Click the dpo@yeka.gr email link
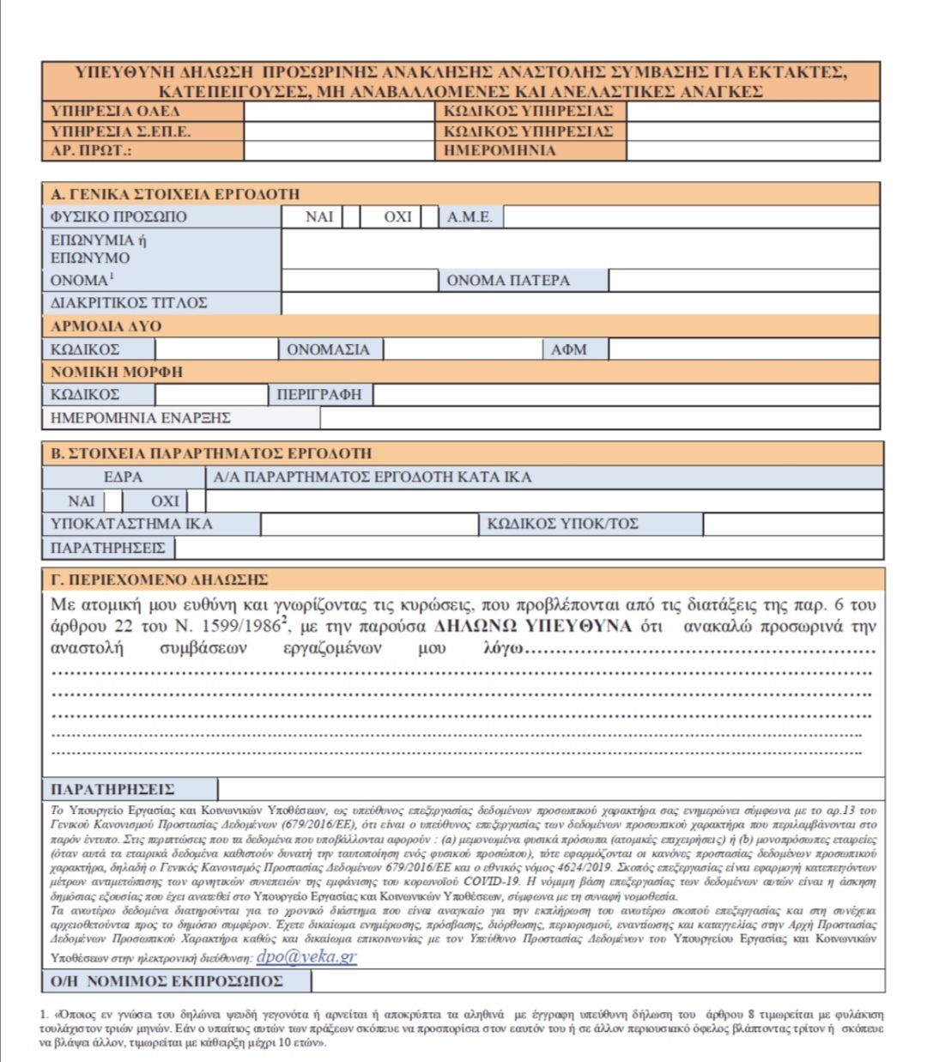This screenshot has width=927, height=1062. click(x=306, y=957)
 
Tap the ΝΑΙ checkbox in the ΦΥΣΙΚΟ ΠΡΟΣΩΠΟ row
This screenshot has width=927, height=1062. click(x=351, y=217)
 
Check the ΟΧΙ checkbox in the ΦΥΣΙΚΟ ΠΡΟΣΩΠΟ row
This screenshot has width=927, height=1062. click(x=430, y=217)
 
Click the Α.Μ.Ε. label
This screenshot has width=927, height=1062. click(x=470, y=217)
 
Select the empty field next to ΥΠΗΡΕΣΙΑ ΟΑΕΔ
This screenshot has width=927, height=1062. click(x=339, y=112)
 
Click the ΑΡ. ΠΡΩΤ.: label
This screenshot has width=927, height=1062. click(x=91, y=151)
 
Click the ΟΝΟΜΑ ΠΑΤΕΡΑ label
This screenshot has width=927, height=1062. click(x=508, y=281)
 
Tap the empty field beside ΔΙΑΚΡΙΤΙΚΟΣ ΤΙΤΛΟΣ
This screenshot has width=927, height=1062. click(x=579, y=303)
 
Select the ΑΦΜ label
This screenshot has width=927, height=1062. click(x=569, y=349)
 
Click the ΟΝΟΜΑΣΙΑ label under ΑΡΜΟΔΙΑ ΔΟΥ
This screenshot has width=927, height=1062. click(x=328, y=349)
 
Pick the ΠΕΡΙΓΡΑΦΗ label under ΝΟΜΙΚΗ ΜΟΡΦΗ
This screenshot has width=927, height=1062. click(x=319, y=395)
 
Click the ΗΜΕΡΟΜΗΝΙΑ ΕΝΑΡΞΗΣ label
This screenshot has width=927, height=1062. click(x=141, y=418)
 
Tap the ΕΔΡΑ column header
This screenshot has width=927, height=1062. click(x=123, y=477)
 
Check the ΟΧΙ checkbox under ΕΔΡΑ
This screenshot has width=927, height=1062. click(x=197, y=501)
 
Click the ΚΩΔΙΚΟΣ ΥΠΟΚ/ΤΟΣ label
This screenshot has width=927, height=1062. click(x=562, y=524)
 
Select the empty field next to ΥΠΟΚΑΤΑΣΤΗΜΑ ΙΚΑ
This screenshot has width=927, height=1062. click(x=369, y=524)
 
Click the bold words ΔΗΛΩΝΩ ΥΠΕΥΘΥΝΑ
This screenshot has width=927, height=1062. click(x=533, y=626)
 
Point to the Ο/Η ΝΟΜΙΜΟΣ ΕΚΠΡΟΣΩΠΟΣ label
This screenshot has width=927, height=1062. click(x=167, y=981)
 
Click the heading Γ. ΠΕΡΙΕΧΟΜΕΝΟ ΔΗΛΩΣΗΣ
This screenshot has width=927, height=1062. click(x=160, y=580)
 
